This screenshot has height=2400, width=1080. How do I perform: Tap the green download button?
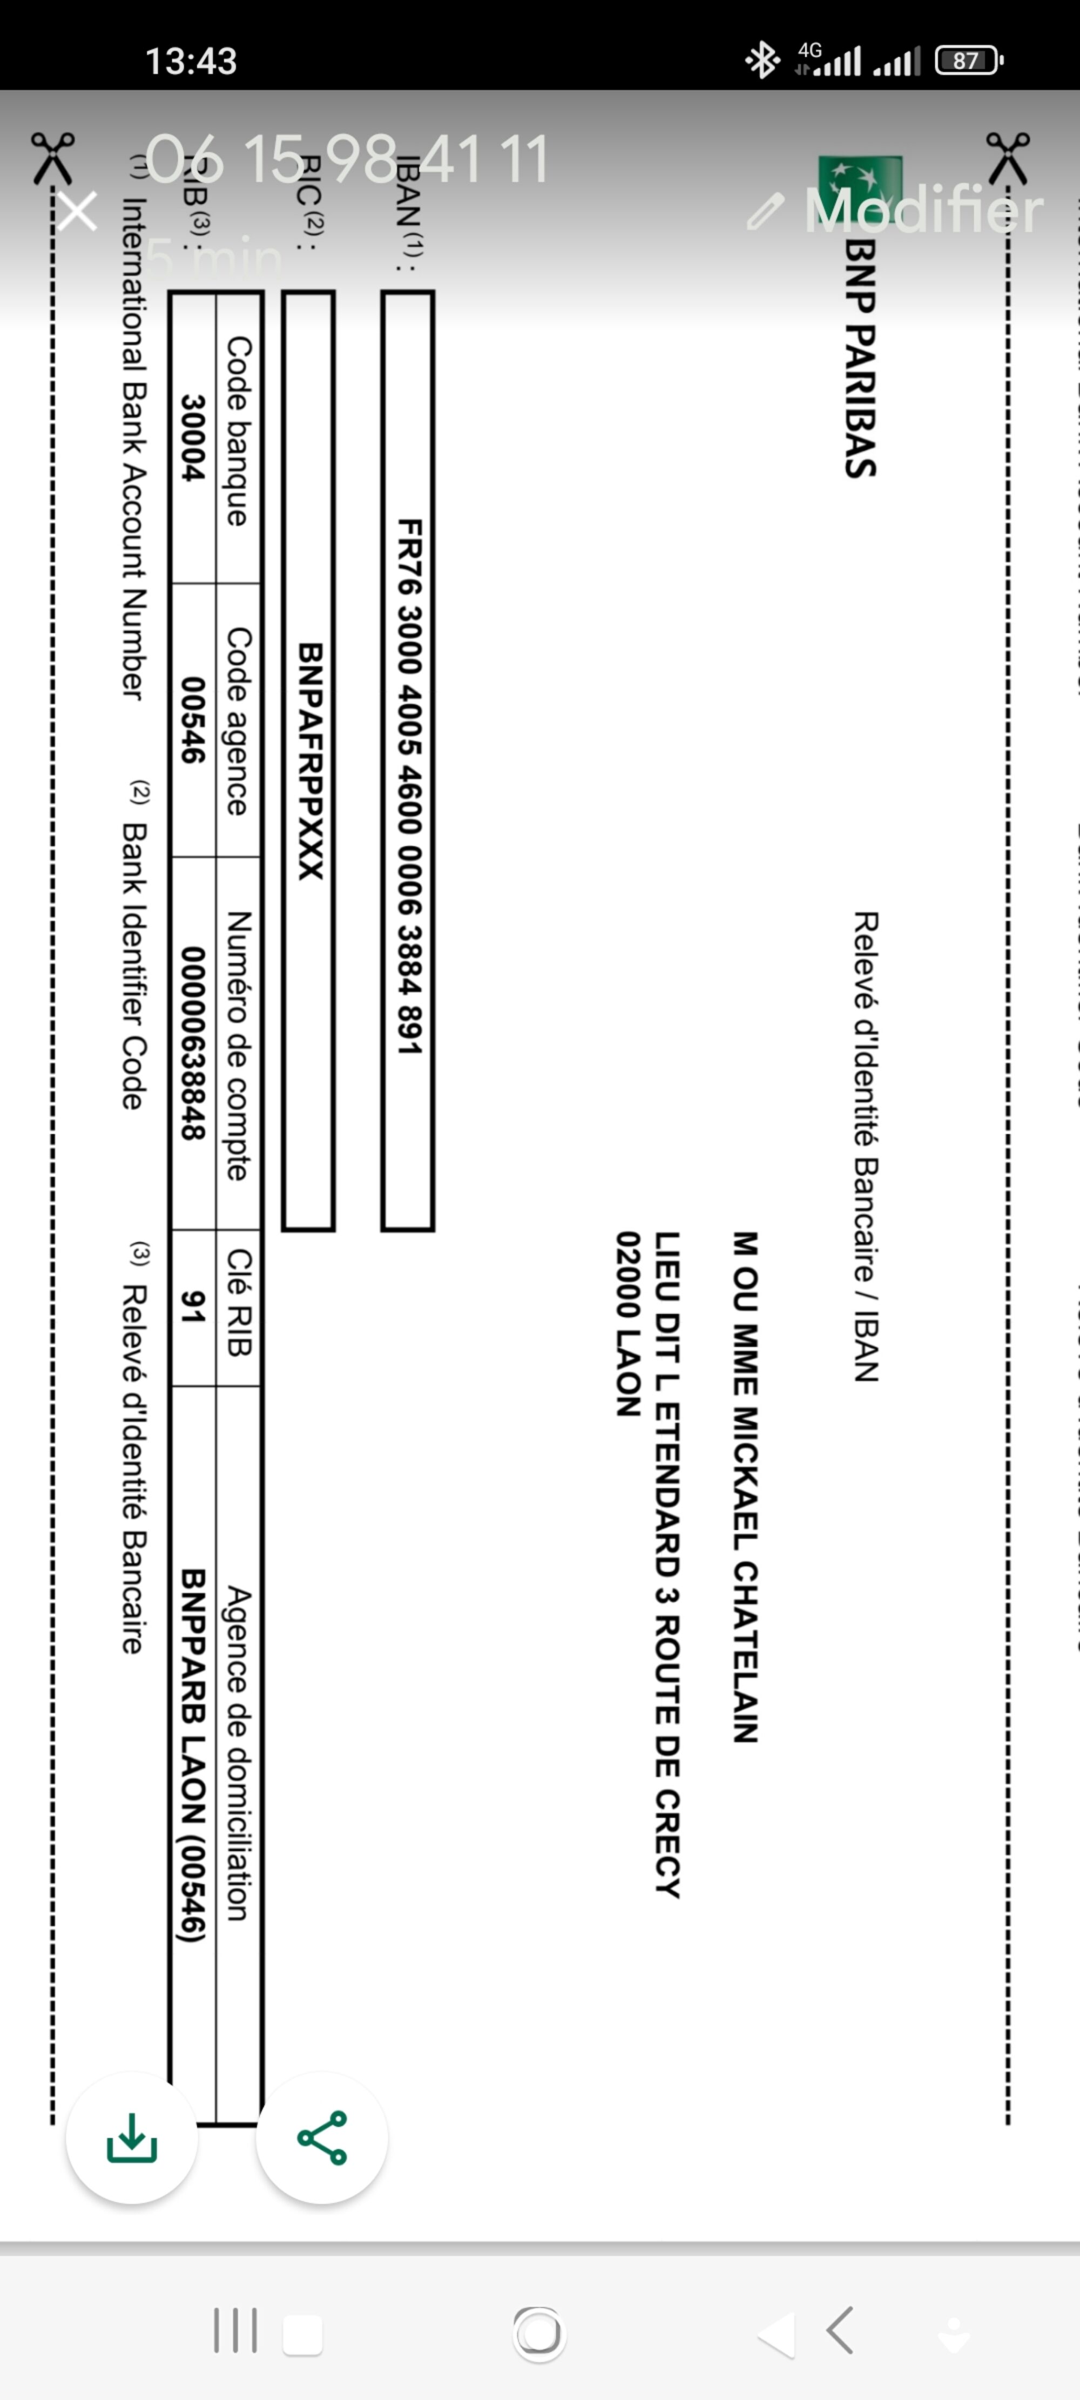(131, 2138)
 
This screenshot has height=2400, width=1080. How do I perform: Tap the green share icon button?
(321, 2138)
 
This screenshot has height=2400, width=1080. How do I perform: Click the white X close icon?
(77, 212)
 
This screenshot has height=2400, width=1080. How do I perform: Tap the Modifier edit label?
(922, 211)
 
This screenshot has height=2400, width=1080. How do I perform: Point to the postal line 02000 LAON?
(629, 1324)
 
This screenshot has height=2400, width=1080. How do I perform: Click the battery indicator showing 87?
(967, 60)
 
